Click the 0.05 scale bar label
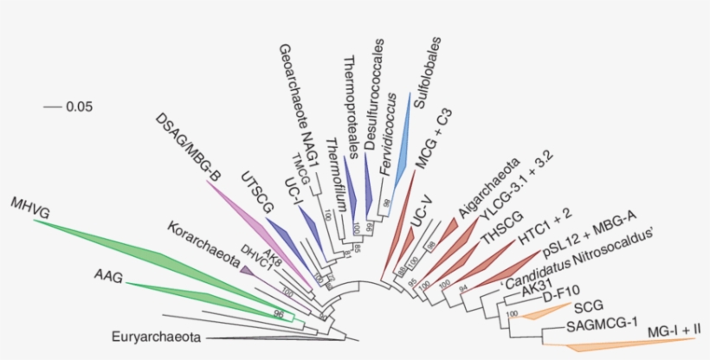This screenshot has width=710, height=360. [79, 107]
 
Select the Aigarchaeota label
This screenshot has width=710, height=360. [489, 184]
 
